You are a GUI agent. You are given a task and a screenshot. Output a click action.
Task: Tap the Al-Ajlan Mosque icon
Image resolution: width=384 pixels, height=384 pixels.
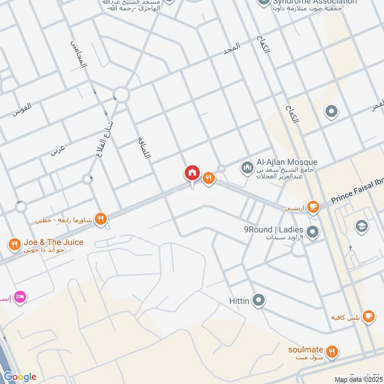(247, 168)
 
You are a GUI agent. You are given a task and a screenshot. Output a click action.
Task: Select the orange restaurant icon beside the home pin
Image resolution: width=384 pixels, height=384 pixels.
(208, 178)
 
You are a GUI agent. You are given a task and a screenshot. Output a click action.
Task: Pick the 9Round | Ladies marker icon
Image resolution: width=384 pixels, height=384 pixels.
(313, 233)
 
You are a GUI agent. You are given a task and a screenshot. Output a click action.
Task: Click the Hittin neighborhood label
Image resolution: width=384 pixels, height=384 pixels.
(239, 301)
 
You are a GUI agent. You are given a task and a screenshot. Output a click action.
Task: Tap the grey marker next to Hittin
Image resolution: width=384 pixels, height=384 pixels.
(259, 301)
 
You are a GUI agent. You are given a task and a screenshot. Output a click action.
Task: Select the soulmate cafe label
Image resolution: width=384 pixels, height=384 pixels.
(306, 349)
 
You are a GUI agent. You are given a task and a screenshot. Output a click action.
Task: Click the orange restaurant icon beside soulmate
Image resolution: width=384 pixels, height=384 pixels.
(331, 352)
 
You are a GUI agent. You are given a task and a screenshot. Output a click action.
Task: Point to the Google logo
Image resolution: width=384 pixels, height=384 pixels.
(20, 377)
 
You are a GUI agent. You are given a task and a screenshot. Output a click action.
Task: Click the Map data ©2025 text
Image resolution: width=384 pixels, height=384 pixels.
(359, 380)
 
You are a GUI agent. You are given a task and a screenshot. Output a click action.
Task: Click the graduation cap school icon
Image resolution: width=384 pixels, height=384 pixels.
(361, 225)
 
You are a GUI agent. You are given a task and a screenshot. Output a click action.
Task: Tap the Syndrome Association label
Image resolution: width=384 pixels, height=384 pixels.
(314, 2)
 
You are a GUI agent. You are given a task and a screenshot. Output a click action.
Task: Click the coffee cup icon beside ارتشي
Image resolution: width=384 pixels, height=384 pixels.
(313, 207)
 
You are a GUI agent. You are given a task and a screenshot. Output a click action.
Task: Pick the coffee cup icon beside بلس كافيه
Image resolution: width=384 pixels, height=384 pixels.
(368, 315)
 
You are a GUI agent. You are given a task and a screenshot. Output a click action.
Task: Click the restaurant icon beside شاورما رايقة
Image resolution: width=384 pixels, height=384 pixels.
(100, 219)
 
